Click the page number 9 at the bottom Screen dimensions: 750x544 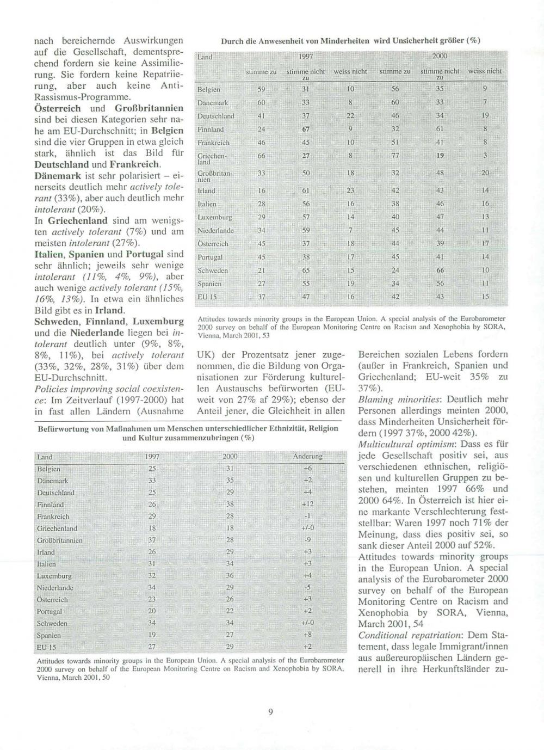(270, 710)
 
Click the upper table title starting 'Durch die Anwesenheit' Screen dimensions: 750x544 (350, 40)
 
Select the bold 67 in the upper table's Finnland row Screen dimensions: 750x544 (306, 129)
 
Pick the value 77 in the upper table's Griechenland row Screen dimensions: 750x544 (395, 156)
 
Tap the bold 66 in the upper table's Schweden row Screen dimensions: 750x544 (440, 271)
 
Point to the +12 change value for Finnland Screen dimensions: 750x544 (307, 505)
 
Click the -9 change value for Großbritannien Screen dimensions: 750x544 (307, 540)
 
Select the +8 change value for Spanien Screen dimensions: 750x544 (307, 635)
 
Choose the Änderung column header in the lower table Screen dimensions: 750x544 (307, 456)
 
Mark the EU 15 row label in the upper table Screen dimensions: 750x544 (207, 297)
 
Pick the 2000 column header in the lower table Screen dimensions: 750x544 (230, 456)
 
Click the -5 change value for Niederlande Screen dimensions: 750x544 (307, 587)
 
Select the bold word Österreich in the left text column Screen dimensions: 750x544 (57, 108)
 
